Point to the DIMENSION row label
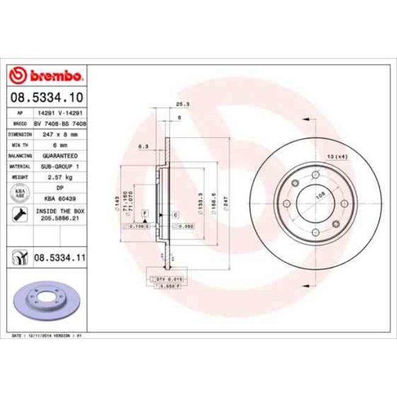click(20, 133)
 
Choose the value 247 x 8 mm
click(60, 133)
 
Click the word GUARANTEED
click(60, 155)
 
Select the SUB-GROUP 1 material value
click(60, 166)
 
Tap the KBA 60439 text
click(60, 198)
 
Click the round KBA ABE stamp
click(20, 194)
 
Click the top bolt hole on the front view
click(315, 176)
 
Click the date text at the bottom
click(48, 335)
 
